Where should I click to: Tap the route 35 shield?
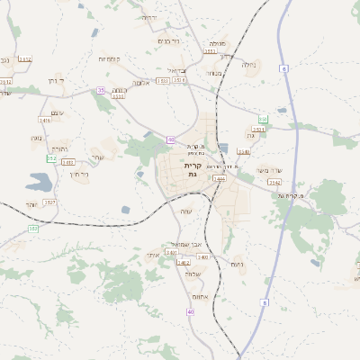point(101,90)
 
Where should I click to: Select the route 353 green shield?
point(51,158)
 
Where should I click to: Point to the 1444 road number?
point(219,179)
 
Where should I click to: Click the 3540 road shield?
point(244,152)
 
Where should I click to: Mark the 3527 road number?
point(49,202)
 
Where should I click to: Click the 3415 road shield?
point(67,162)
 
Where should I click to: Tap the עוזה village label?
point(186,211)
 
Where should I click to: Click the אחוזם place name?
point(202,296)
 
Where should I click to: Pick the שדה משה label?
point(269,170)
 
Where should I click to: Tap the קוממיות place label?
point(110,58)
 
